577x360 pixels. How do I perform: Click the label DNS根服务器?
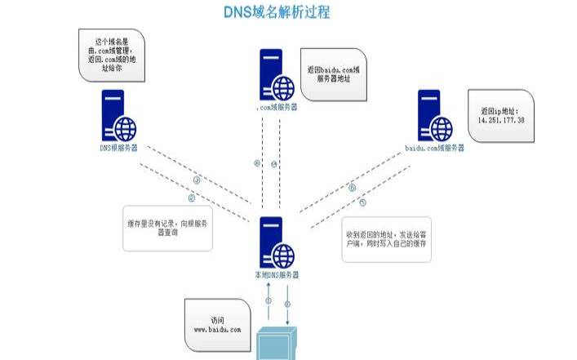[118, 149]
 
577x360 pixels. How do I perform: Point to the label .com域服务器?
[276, 107]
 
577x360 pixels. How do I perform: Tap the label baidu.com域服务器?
[434, 149]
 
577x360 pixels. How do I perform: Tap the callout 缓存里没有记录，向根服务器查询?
[167, 227]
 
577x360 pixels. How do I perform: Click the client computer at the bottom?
[277, 344]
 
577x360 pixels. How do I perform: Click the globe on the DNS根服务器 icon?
[125, 127]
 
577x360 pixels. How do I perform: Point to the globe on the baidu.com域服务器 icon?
[442, 127]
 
